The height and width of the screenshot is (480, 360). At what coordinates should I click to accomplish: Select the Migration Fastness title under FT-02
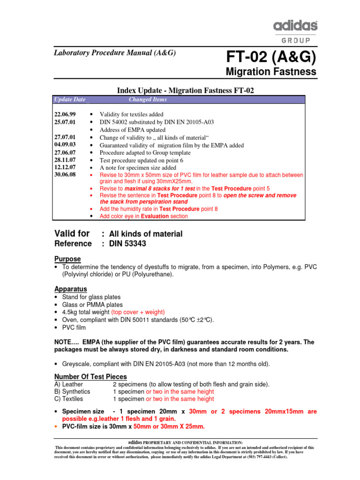coord(271,72)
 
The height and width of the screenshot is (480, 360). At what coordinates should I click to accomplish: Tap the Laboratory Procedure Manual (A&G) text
coord(115,53)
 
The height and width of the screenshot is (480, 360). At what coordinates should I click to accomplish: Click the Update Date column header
coord(69,99)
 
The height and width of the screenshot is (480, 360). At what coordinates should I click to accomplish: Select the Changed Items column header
coord(148,99)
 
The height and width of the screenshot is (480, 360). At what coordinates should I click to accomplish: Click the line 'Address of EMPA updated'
coord(132,130)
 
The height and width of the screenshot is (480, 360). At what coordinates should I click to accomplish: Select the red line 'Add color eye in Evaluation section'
coord(143,216)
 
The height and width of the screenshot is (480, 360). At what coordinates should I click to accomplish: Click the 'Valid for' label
coord(73,233)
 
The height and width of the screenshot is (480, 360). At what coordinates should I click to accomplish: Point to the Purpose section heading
coord(67,259)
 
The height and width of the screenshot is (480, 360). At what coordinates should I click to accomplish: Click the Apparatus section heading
coord(71,289)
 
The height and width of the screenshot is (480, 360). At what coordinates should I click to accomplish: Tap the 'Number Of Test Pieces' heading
coord(90,376)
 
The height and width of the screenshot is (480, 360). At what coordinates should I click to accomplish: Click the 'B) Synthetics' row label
coord(72,391)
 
